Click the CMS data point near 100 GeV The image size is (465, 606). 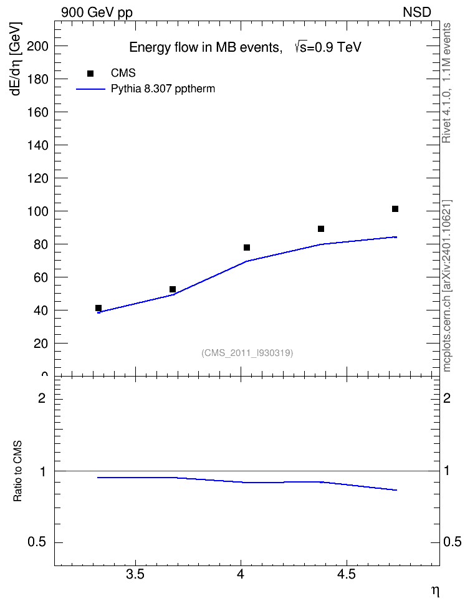click(395, 209)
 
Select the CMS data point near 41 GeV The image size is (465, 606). click(98, 308)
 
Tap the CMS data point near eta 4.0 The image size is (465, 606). click(247, 248)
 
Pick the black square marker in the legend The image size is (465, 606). click(90, 74)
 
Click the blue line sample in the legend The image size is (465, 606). click(91, 89)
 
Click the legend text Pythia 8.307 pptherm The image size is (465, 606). click(163, 89)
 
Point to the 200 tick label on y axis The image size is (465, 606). click(38, 46)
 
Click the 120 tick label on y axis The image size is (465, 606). click(38, 178)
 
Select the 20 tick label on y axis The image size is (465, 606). click(41, 343)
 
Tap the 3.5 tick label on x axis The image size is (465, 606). click(135, 575)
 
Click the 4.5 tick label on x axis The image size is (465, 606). click(346, 575)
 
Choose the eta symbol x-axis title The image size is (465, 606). click(435, 591)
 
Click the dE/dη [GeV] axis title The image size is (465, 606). click(16, 59)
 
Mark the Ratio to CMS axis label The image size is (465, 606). click(17, 471)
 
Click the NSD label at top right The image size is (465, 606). click(416, 12)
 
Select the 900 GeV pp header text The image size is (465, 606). click(97, 12)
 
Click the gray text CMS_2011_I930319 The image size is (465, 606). click(247, 353)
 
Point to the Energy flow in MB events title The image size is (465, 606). click(205, 47)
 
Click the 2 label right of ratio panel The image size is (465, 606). click(447, 398)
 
